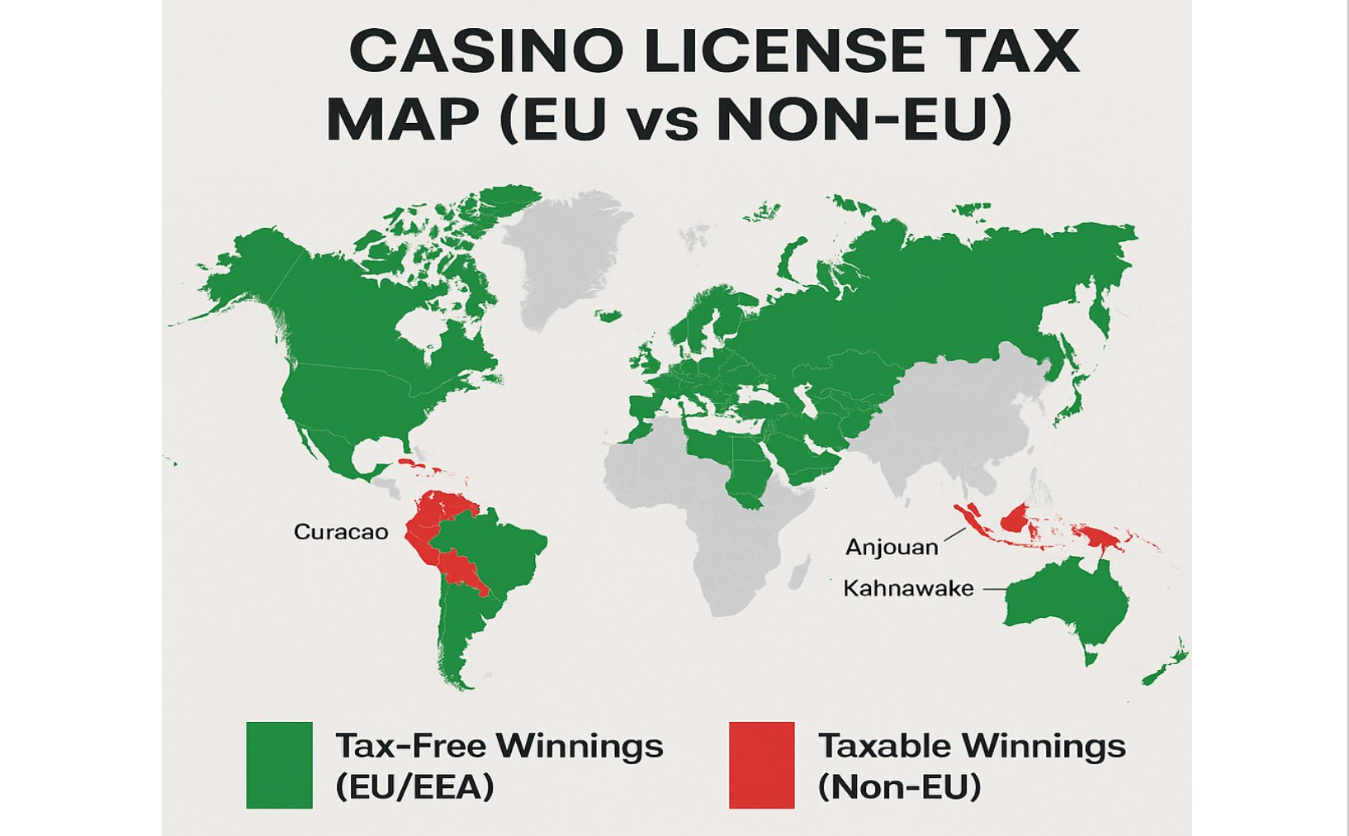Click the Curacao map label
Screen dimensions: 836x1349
click(x=341, y=531)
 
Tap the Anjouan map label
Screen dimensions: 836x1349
click(x=892, y=547)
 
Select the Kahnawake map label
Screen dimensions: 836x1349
click(x=908, y=588)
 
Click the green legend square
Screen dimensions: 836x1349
click(x=279, y=765)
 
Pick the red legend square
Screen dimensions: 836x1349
click(x=761, y=765)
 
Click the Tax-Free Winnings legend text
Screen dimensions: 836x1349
click(x=499, y=746)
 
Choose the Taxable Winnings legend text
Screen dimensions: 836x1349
click(x=972, y=746)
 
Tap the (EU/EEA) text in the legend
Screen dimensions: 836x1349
click(x=414, y=786)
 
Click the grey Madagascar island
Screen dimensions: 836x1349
click(x=799, y=572)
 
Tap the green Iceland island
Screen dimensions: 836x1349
click(x=609, y=316)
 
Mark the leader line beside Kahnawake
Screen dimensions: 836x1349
click(x=994, y=589)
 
